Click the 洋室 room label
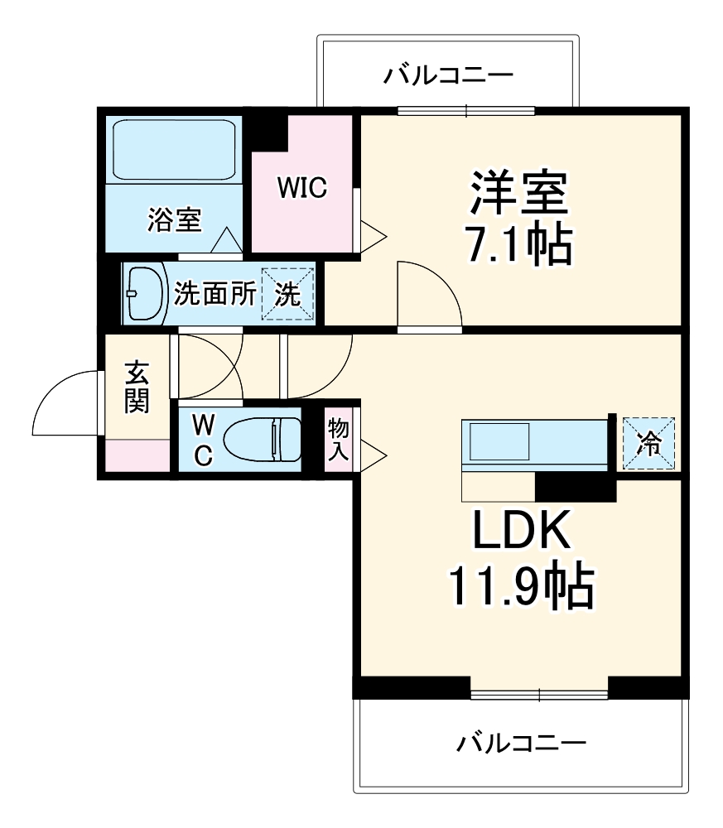(x=519, y=194)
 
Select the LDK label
(x=522, y=532)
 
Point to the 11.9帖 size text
(x=522, y=586)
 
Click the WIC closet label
(x=302, y=188)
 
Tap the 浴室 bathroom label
(x=175, y=219)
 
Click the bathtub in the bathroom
(x=173, y=149)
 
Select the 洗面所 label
(x=214, y=294)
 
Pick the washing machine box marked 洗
(x=288, y=295)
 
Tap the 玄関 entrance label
(x=137, y=387)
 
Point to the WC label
(x=204, y=439)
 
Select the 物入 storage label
(x=337, y=440)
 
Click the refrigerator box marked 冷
(x=648, y=443)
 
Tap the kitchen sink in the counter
(x=499, y=441)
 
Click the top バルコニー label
(x=448, y=77)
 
